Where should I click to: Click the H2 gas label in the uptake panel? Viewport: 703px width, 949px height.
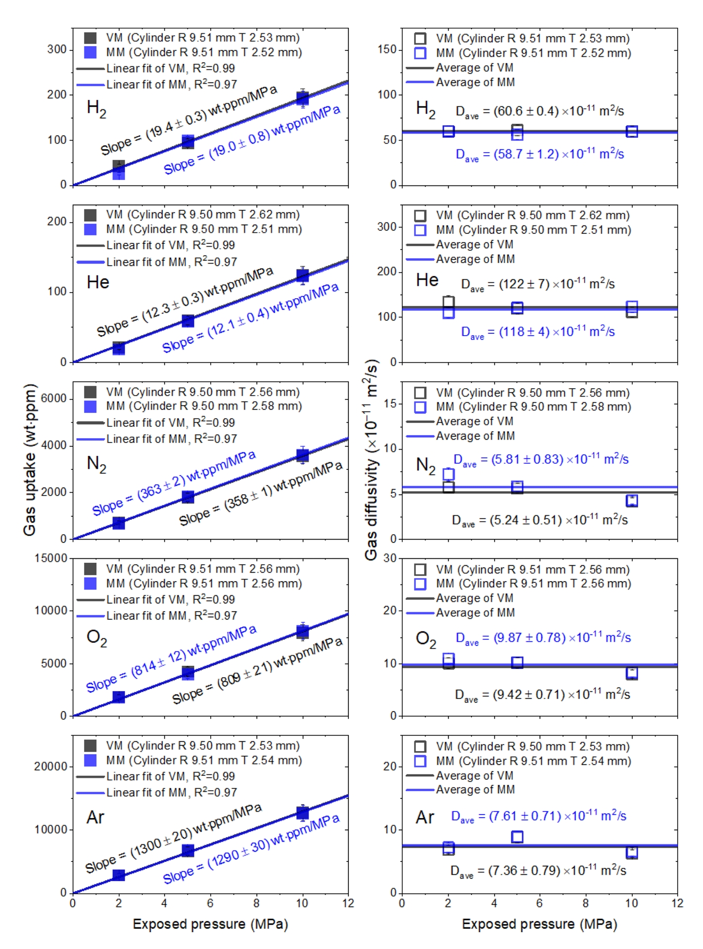pos(96,108)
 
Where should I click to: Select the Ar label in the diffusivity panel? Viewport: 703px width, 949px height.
pos(425,817)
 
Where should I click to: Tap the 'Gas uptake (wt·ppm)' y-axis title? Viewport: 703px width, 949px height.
pos(30,460)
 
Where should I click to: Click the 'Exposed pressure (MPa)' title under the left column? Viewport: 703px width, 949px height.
pos(210,924)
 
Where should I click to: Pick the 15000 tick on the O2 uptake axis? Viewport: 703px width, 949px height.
pos(50,558)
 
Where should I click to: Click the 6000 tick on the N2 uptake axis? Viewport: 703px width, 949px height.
pos(53,399)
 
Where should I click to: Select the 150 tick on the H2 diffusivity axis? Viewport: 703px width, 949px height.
pos(386,49)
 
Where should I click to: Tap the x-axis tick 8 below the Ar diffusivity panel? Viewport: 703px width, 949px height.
pos(586,903)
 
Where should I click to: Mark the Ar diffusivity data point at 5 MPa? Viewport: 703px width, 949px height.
pos(517,837)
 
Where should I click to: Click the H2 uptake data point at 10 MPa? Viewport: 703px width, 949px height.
pos(302,98)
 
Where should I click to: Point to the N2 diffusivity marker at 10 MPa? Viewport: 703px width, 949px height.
pos(632,500)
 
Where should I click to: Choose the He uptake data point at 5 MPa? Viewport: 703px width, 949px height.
pos(188,321)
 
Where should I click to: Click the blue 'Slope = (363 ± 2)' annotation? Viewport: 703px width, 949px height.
pos(174,483)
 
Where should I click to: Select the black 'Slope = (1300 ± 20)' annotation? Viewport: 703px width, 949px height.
pos(173,838)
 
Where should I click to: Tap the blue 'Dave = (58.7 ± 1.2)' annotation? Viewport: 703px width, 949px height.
pos(539,154)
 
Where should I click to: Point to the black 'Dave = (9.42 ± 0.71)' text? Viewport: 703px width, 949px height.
pos(542,694)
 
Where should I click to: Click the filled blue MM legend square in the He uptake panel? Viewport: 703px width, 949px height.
pos(90,229)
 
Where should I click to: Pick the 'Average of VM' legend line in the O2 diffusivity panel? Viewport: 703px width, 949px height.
pos(420,598)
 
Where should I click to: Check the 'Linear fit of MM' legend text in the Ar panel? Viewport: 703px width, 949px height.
pos(171,792)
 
